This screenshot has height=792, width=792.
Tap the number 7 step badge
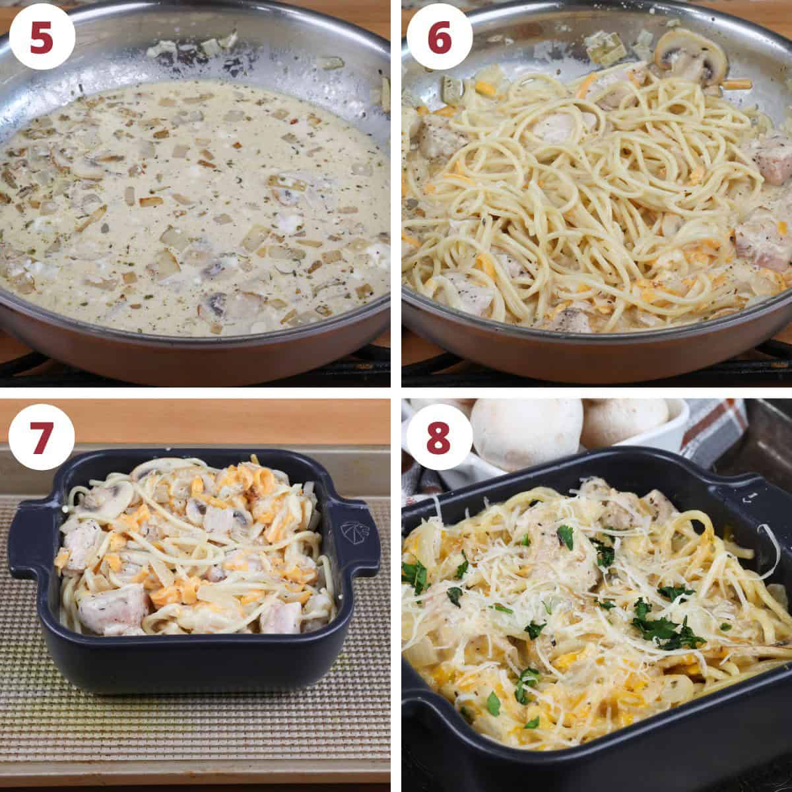point(42,438)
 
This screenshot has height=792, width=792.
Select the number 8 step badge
point(440,438)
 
